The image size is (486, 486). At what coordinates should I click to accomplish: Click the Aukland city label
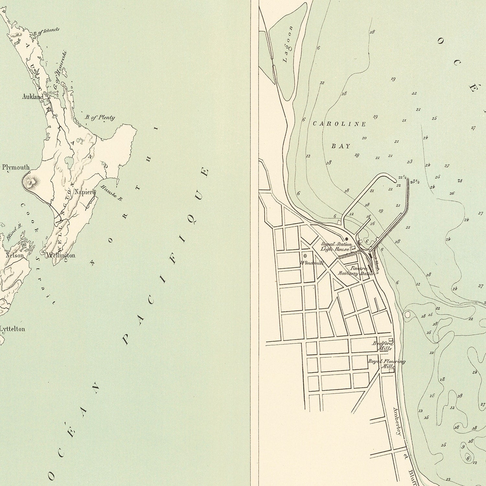(x=32, y=97)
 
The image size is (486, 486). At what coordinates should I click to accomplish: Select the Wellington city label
(x=61, y=255)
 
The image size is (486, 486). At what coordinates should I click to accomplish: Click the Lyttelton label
(x=12, y=329)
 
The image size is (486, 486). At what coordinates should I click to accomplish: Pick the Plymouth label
(x=16, y=168)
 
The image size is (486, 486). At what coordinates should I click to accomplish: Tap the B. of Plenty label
(x=100, y=118)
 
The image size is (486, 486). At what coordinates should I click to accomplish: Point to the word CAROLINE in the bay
(x=339, y=124)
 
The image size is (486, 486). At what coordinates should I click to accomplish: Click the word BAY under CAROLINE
(x=341, y=146)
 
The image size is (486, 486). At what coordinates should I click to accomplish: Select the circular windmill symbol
(x=305, y=256)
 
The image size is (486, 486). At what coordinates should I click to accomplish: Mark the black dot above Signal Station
(x=346, y=239)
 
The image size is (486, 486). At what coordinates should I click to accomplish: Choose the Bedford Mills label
(x=383, y=346)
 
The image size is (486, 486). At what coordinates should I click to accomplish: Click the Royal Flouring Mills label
(x=386, y=364)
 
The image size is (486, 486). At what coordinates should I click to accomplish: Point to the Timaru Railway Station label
(x=356, y=271)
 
